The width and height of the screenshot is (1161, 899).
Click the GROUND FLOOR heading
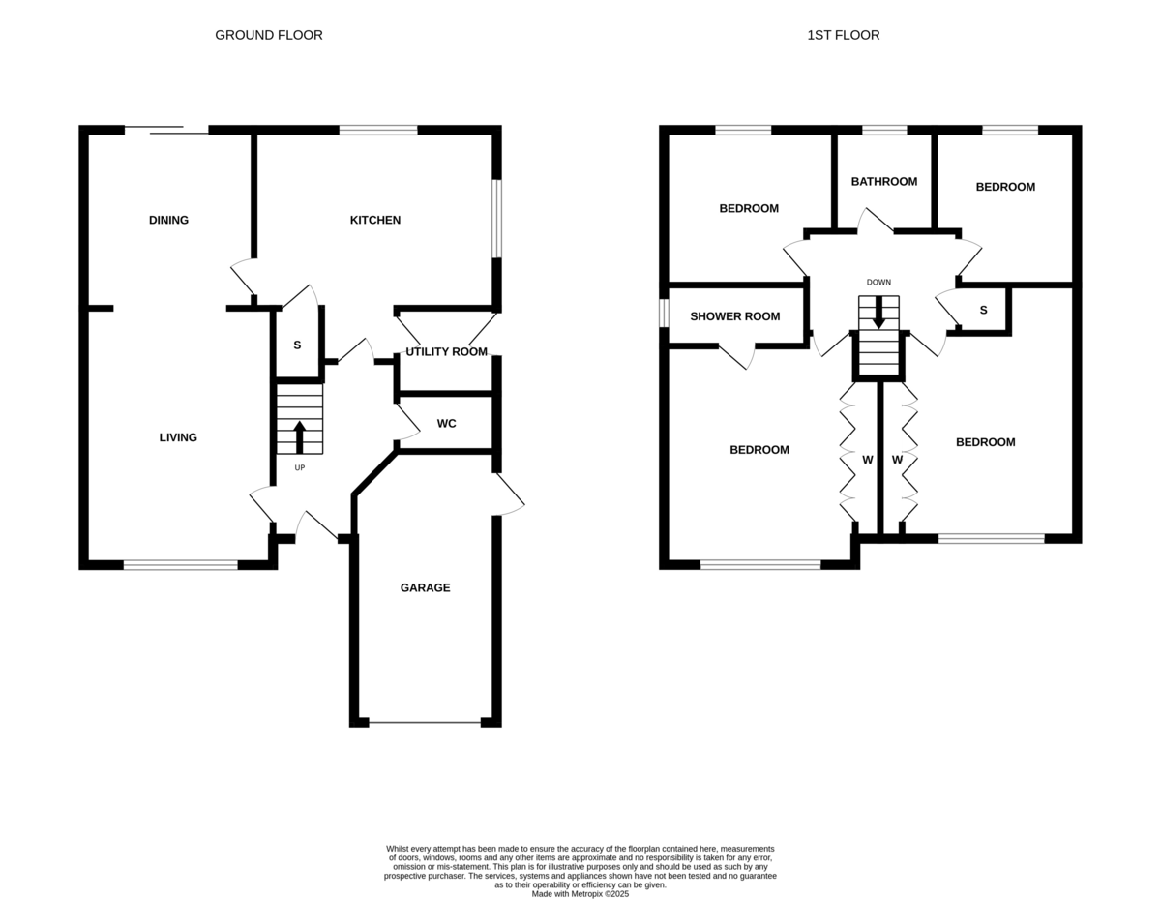pyautogui.click(x=268, y=35)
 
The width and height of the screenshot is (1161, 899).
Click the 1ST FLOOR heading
pyautogui.click(x=843, y=35)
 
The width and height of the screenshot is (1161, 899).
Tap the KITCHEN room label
pyautogui.click(x=374, y=220)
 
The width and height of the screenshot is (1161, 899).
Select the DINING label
pyautogui.click(x=168, y=220)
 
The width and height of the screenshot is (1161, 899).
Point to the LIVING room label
pyautogui.click(x=178, y=437)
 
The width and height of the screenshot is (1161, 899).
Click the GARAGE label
pyautogui.click(x=425, y=587)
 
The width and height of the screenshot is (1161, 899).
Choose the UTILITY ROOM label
pyautogui.click(x=446, y=351)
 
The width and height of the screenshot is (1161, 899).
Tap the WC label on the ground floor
pyautogui.click(x=446, y=423)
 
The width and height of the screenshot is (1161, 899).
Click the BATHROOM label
pyautogui.click(x=883, y=181)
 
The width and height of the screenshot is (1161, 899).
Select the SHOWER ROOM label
pyautogui.click(x=734, y=316)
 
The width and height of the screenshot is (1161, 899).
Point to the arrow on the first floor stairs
pyautogui.click(x=878, y=313)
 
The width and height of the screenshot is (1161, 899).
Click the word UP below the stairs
pyautogui.click(x=299, y=468)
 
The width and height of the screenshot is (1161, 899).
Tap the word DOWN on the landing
pyautogui.click(x=878, y=283)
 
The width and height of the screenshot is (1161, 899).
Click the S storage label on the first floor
pyautogui.click(x=983, y=310)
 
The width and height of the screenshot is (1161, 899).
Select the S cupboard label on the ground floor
pyautogui.click(x=297, y=345)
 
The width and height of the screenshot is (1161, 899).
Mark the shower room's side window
pyautogui.click(x=664, y=313)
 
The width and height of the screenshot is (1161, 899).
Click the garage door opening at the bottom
pyautogui.click(x=425, y=722)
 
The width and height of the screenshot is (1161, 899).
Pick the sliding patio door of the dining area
pyautogui.click(x=166, y=130)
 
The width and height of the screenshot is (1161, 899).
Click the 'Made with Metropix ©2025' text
pyautogui.click(x=580, y=894)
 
